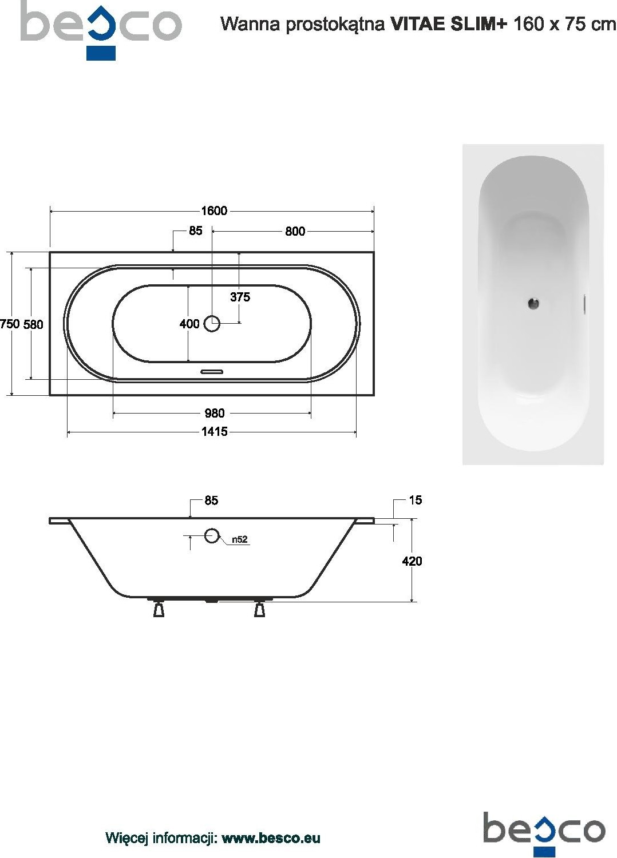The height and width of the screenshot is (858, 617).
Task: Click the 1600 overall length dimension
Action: click(214, 210)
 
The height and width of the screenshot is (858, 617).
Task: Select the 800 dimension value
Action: click(295, 231)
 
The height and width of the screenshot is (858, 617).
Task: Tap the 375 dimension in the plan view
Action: click(240, 297)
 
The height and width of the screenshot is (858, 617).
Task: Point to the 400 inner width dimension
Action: click(189, 324)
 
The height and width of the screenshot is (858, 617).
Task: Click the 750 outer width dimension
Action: click(10, 324)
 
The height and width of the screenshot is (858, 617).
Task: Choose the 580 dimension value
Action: click(33, 324)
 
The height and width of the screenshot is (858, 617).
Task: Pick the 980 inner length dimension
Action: click(214, 413)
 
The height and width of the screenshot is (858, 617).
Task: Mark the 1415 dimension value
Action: click(215, 432)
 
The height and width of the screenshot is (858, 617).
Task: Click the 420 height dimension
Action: click(412, 562)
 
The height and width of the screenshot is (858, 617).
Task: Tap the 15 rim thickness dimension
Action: click(416, 500)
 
